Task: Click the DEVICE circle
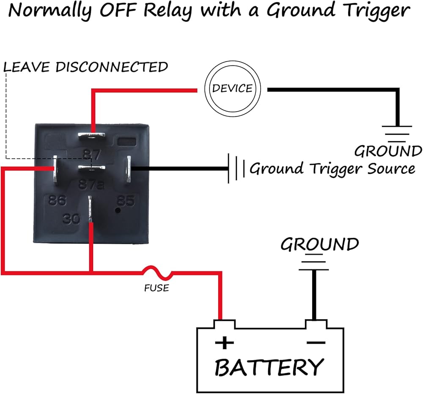232,89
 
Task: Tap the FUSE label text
157,288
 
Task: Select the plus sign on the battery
224,342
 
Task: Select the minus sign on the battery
315,342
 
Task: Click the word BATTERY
269,367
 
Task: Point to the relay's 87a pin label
91,185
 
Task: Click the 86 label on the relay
57,200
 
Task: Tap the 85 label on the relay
126,201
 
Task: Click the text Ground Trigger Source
332,169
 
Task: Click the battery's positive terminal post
224,324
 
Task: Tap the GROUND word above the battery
320,245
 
